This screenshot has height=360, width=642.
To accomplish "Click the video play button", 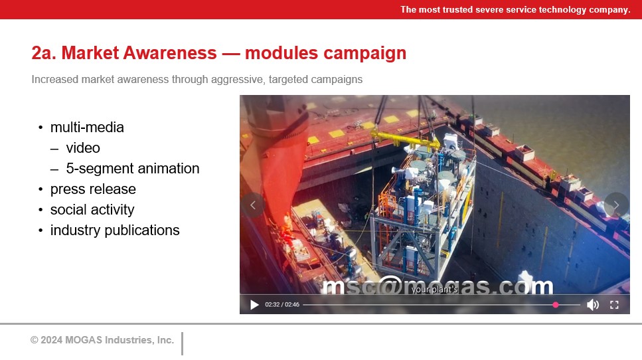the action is (254, 305).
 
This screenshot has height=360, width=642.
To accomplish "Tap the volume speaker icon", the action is (592, 305).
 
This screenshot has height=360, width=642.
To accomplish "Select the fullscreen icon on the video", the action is (614, 305).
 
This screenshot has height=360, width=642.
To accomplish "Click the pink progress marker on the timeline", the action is (556, 305).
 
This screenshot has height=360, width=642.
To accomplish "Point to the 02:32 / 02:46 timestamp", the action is (282, 305).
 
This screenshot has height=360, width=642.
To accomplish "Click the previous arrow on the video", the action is (253, 205).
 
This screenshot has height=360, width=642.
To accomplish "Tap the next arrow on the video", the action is (616, 205).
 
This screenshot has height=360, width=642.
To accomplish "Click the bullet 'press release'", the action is (93, 189).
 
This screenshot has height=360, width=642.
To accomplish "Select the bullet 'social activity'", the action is (92, 210).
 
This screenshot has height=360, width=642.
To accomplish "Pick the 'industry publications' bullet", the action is (115, 230).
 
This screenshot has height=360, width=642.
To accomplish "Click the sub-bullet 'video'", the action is (83, 148).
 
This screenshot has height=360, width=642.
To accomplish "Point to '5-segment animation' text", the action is (133, 168).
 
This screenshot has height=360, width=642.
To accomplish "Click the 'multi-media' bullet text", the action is (87, 128).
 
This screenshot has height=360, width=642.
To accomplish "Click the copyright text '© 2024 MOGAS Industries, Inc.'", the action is (102, 340).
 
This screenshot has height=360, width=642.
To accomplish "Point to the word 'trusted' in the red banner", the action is (457, 9).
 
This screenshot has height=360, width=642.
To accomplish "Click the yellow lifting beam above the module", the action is (406, 139).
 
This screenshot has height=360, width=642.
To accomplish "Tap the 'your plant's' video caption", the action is (434, 290).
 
